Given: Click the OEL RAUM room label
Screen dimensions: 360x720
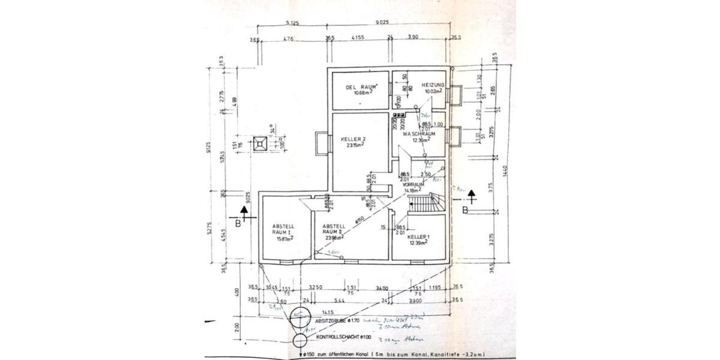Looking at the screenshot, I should [x=361, y=88].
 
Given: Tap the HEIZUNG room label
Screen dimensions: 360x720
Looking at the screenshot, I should [x=433, y=86].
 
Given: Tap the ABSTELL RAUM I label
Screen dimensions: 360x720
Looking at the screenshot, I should [x=281, y=227].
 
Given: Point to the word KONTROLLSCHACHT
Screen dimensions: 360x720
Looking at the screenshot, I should [x=337, y=338].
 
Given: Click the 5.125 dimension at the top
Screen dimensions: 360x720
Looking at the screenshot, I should [x=293, y=23].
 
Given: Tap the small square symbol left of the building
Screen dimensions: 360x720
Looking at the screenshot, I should [x=260, y=144].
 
